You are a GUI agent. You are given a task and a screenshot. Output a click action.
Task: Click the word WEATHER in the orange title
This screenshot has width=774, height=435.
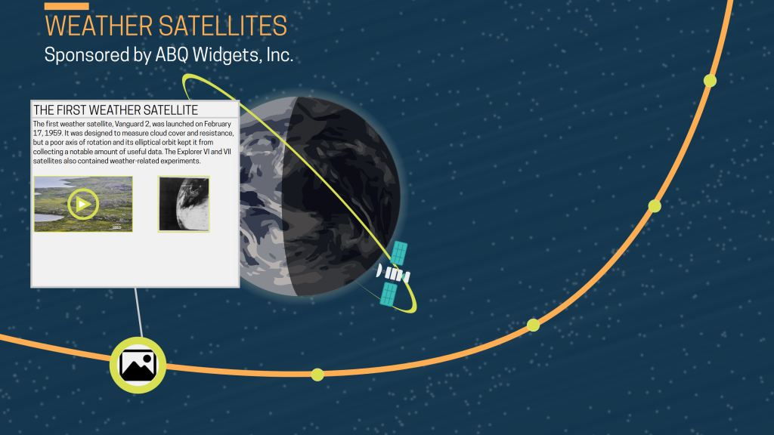tap(99, 26)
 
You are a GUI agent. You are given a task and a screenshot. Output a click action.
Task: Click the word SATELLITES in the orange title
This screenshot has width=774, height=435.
tap(222, 26)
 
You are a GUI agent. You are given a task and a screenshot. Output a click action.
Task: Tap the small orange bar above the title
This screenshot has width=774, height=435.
tap(67, 7)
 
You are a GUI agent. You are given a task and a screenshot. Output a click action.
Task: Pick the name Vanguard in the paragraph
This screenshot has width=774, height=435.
tap(126, 124)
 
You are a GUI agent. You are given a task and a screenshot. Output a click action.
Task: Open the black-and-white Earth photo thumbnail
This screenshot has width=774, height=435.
tap(184, 204)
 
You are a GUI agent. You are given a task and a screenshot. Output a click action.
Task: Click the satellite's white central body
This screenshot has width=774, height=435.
tap(394, 274)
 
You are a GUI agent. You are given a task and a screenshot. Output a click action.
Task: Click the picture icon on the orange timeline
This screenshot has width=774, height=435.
tap(138, 366)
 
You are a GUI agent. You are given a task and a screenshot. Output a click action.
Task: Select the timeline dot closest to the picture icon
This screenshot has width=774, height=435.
tap(317, 374)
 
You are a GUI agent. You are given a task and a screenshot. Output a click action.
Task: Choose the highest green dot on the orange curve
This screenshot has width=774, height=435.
tap(710, 80)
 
